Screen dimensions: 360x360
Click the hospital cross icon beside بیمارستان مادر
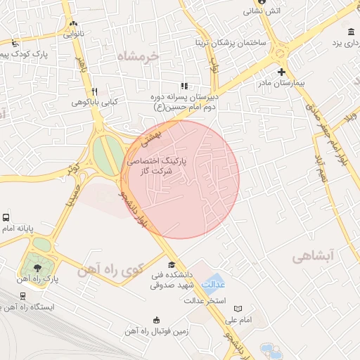click(x=281, y=72)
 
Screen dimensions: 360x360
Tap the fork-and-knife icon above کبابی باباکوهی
click(x=94, y=91)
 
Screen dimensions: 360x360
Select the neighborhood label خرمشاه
click(x=138, y=55)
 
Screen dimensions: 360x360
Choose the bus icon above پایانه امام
click(x=6, y=218)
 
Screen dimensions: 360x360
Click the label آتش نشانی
click(x=262, y=11)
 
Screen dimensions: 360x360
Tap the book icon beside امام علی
click(x=238, y=309)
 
